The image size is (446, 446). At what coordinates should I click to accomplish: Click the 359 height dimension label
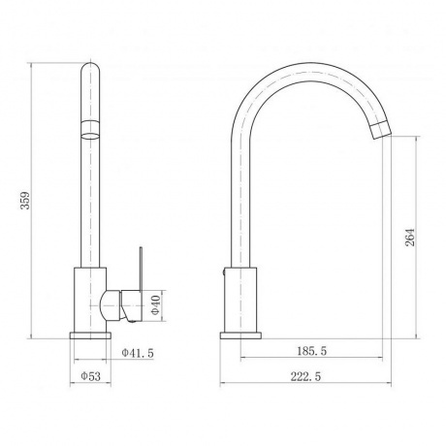(x=25, y=201)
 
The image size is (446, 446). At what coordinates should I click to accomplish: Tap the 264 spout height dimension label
(x=410, y=238)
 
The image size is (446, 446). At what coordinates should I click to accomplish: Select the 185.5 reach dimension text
(x=312, y=351)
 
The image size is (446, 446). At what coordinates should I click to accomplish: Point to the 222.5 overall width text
(x=305, y=376)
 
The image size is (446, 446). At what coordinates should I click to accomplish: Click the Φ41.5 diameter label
(x=138, y=353)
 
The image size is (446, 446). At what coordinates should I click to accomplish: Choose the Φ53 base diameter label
(x=91, y=376)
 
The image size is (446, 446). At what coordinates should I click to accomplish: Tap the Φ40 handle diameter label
(x=155, y=305)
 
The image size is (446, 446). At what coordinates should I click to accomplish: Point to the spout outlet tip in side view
(x=381, y=130)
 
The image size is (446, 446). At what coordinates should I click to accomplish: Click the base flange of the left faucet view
(x=90, y=335)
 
